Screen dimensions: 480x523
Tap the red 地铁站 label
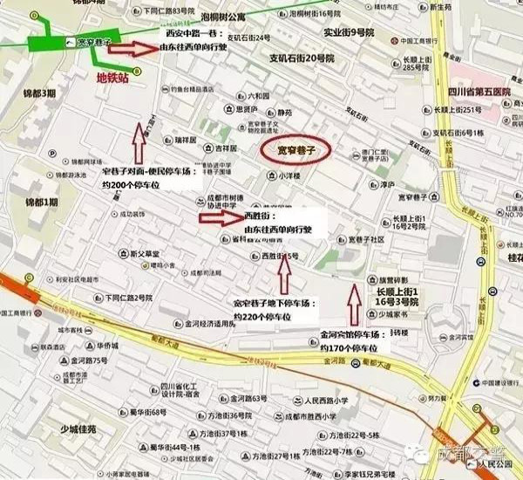[x=112, y=78]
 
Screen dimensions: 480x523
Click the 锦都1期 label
[x=41, y=202]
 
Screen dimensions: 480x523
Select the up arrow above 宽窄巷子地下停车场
[x=282, y=274]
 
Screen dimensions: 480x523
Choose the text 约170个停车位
[x=350, y=348]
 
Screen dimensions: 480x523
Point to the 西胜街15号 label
[x=280, y=256]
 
